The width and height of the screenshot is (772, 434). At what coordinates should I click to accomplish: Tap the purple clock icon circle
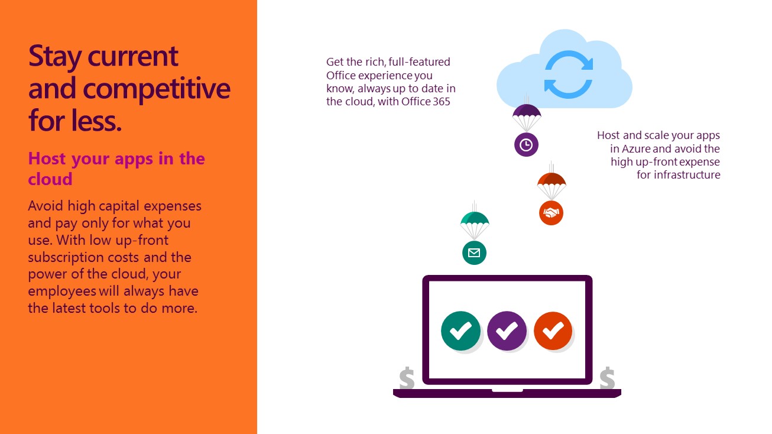pos(526,145)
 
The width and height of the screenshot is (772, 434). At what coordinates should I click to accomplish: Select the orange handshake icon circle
pos(551,213)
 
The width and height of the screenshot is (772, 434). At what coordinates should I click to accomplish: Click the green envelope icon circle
pos(474,253)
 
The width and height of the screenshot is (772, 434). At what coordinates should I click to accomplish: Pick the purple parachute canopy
pos(527,111)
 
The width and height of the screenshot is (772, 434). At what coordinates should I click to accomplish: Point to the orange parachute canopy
pos(552,179)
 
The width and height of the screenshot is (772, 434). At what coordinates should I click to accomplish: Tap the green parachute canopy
pos(475,219)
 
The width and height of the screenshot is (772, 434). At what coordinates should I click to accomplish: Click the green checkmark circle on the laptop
pos(461,331)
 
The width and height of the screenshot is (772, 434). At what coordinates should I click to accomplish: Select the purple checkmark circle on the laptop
pos(507,331)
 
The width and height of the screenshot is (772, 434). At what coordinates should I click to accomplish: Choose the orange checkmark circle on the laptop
pos(553,331)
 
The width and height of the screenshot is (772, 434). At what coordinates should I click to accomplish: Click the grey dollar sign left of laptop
pos(407,378)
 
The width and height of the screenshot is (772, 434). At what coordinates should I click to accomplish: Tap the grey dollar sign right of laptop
pos(607,378)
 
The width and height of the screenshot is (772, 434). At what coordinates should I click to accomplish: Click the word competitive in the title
pos(157,89)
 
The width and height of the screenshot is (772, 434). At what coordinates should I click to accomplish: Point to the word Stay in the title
pos(55,57)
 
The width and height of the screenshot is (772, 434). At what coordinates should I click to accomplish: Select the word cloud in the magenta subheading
pos(50,179)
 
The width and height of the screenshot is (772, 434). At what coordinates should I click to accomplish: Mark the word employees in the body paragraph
pos(62,292)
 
